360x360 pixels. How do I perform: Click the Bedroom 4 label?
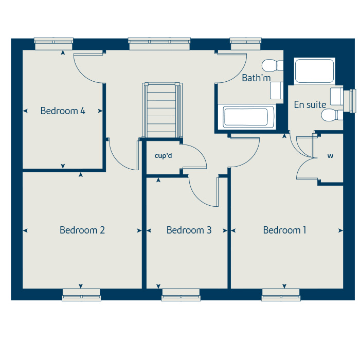point(63,111)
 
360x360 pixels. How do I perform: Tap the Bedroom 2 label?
point(82,230)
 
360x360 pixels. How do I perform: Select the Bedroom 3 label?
point(189,230)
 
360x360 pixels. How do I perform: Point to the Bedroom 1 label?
point(284,230)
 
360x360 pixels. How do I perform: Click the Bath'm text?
point(256,78)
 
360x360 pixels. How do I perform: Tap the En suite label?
point(310,105)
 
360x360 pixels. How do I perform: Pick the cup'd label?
point(163,155)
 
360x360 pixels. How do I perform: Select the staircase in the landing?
point(162,110)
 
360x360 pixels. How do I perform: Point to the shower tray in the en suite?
point(314,71)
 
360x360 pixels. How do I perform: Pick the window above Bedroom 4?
point(53,44)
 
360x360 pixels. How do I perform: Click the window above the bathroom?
point(244,44)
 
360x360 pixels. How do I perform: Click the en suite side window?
point(352,100)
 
